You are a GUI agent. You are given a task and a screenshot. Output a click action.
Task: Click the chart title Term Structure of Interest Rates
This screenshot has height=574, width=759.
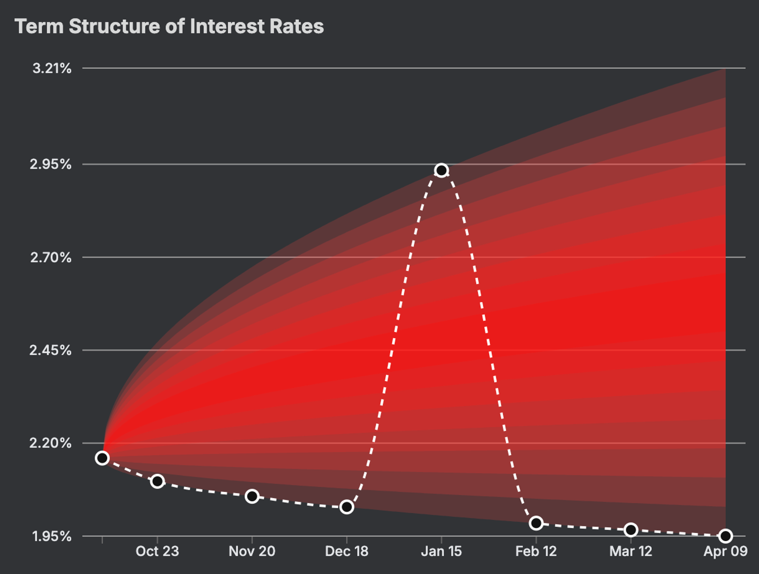pyautogui.click(x=169, y=26)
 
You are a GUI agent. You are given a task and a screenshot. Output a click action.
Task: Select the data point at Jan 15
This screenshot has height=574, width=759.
pyautogui.click(x=441, y=170)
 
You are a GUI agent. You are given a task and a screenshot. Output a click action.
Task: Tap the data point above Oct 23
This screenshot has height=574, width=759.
pyautogui.click(x=157, y=481)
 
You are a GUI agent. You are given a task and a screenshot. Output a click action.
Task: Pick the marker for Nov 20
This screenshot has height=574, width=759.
pyautogui.click(x=252, y=496)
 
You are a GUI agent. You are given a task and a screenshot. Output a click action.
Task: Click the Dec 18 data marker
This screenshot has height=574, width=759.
pyautogui.click(x=347, y=507)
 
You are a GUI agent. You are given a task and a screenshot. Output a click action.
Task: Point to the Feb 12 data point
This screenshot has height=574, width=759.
pyautogui.click(x=536, y=523)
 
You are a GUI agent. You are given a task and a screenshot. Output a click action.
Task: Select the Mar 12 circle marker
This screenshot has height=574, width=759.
pyautogui.click(x=630, y=530)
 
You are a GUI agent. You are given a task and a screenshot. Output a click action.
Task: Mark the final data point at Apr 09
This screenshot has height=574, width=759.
pyautogui.click(x=725, y=536)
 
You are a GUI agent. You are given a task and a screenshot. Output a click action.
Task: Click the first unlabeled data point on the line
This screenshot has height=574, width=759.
pyautogui.click(x=102, y=458)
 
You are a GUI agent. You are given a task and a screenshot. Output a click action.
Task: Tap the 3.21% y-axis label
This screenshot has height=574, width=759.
pyautogui.click(x=52, y=68)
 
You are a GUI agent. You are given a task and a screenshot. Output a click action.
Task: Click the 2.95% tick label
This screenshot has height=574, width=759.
pyautogui.click(x=51, y=165)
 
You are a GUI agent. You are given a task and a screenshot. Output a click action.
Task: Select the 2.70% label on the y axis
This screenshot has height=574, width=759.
pyautogui.click(x=51, y=258)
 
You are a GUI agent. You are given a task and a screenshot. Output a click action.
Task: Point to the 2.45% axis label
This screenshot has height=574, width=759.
pyautogui.click(x=51, y=350)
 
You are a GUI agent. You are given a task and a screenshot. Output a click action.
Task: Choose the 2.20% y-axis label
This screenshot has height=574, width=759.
pyautogui.click(x=51, y=443)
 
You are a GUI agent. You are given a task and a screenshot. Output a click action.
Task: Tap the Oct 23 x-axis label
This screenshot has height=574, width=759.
pyautogui.click(x=157, y=551)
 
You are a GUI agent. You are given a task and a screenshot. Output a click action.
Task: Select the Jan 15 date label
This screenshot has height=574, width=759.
pyautogui.click(x=441, y=551)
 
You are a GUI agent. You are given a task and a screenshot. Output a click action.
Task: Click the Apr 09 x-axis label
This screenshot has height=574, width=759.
pyautogui.click(x=725, y=551)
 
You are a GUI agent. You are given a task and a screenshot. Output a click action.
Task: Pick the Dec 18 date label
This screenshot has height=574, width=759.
pyautogui.click(x=347, y=551)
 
